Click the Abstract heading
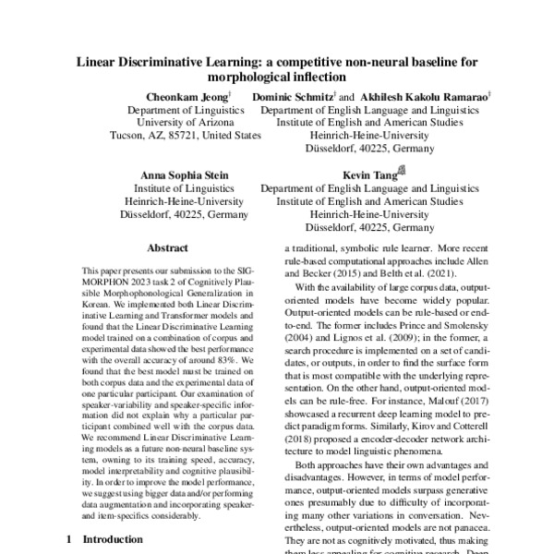(x=169, y=248)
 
